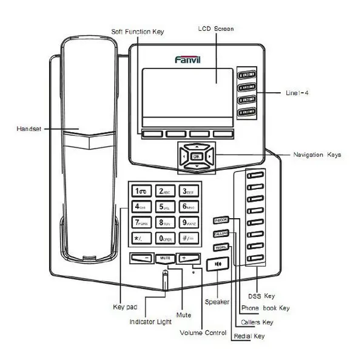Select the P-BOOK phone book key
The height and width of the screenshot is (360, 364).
pos(220,219)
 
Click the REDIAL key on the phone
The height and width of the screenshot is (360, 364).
pos(220,247)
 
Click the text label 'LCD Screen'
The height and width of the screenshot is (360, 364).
pos(216,28)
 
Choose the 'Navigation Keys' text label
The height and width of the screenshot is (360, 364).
pos(317,155)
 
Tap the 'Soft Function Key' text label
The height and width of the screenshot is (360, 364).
pos(137,31)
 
